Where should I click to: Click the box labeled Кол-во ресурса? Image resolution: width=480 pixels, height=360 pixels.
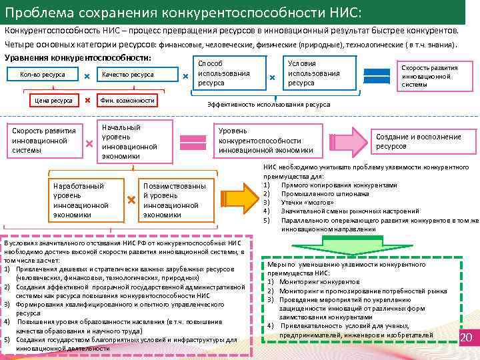(43, 75)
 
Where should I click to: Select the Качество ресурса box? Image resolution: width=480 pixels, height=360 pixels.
(128, 75)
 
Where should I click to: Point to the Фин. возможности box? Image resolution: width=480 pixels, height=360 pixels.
(126, 101)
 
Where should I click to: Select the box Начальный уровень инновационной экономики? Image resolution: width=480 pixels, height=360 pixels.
(129, 141)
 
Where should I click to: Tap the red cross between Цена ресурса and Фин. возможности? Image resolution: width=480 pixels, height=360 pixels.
(87, 101)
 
